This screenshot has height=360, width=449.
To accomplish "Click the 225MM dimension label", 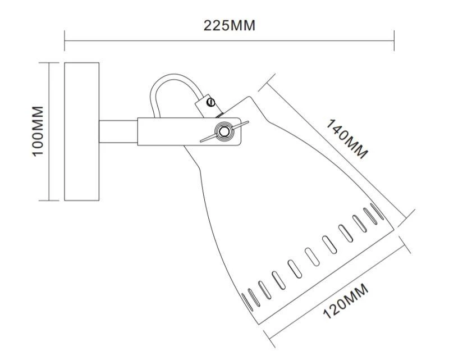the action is pos(229,25).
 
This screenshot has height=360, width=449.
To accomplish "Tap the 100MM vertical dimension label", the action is pos(38,131).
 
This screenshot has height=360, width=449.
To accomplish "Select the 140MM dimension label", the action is pos(347,139).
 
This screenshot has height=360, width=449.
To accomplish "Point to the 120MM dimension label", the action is pos(345,301).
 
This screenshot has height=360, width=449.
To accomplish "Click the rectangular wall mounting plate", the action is pos(81,131).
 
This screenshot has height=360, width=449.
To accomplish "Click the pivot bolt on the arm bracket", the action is pos(223,131).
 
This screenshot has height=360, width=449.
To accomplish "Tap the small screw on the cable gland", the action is pos(212,102).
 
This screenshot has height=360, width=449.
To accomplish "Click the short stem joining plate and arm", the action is pos(118,131).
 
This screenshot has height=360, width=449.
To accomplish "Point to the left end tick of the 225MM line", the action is pos(65,40).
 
